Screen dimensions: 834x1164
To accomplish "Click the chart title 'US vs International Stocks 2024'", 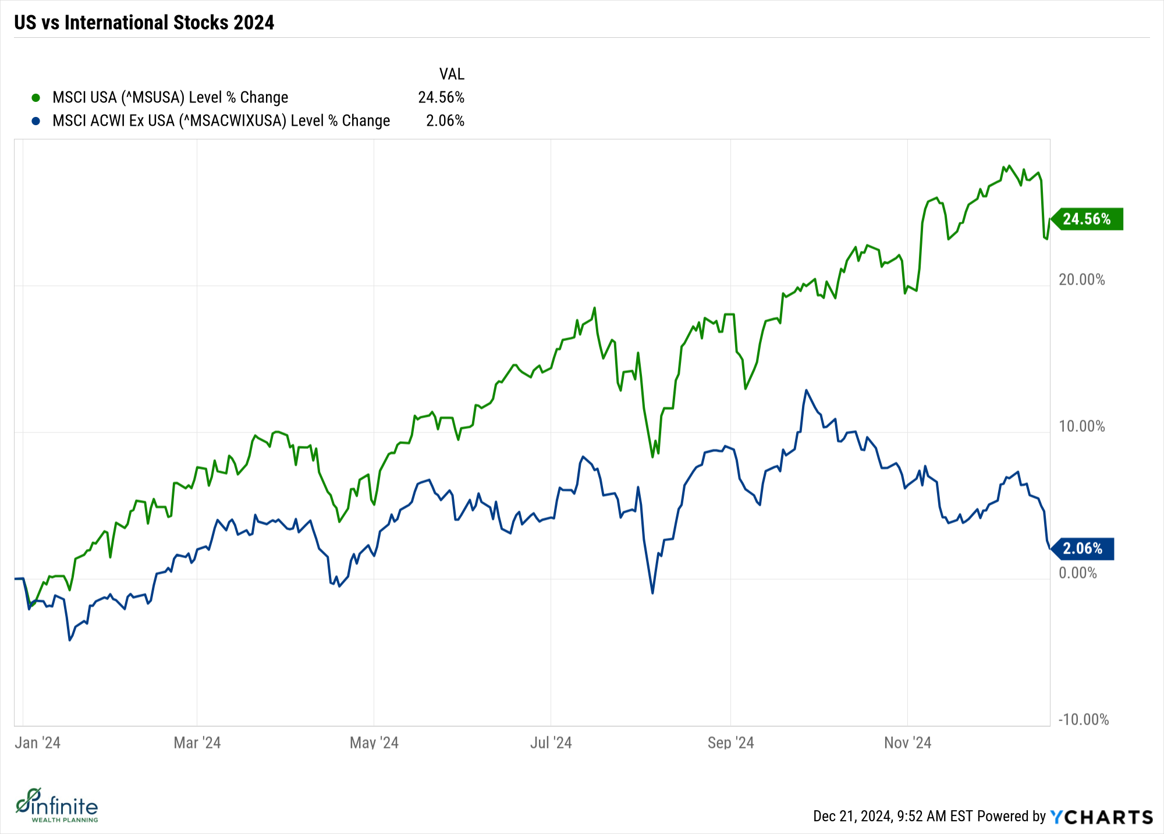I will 144,23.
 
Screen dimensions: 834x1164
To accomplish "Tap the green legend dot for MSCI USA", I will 36,98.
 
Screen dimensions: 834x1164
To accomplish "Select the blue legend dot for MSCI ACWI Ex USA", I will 36,121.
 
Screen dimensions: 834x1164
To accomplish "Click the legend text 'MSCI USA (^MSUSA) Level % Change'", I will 170,97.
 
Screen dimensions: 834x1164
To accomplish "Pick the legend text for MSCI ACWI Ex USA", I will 221,120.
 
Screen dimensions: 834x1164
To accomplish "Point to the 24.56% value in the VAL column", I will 441,97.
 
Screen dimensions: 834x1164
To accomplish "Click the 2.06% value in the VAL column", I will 445,120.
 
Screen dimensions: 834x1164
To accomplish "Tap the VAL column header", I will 452,74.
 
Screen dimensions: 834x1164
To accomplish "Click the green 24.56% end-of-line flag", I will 1087,219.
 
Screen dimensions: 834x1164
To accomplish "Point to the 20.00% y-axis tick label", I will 1081,280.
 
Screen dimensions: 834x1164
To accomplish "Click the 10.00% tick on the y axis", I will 1081,427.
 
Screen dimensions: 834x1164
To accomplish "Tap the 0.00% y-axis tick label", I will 1078,573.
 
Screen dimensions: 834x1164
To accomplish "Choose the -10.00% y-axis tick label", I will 1083,720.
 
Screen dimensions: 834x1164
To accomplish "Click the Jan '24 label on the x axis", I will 38,743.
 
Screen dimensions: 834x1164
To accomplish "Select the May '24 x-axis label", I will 374,743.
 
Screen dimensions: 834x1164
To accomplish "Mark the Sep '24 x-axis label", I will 730,743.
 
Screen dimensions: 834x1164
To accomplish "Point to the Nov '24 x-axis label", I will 907,743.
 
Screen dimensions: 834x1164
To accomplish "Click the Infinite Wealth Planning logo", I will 57,805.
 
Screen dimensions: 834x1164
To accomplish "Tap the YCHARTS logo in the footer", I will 1101,817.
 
